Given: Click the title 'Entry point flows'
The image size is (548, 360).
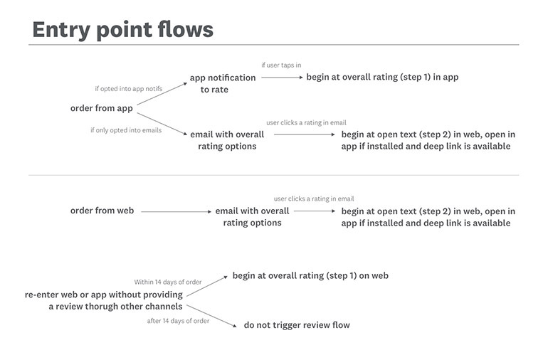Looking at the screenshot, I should click(x=122, y=29).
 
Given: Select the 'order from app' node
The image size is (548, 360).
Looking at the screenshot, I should click(x=102, y=108).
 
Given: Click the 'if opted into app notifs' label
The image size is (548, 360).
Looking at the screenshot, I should click(x=128, y=89).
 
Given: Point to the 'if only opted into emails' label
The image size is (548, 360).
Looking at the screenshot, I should click(x=126, y=130).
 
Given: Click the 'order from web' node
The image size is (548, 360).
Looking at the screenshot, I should click(x=102, y=211).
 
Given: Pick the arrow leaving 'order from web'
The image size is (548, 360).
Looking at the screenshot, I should click(x=174, y=211).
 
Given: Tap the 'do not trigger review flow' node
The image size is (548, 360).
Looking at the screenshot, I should click(x=297, y=325).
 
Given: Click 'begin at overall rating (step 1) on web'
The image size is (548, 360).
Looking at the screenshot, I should click(x=310, y=275).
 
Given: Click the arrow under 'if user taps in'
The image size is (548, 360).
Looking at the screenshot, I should click(x=280, y=78).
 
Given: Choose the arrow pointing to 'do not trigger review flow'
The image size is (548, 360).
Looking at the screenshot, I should click(x=211, y=316).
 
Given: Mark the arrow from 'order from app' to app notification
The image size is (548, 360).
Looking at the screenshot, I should click(x=162, y=94).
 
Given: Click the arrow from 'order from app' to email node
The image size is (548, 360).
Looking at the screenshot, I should click(x=162, y=122).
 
